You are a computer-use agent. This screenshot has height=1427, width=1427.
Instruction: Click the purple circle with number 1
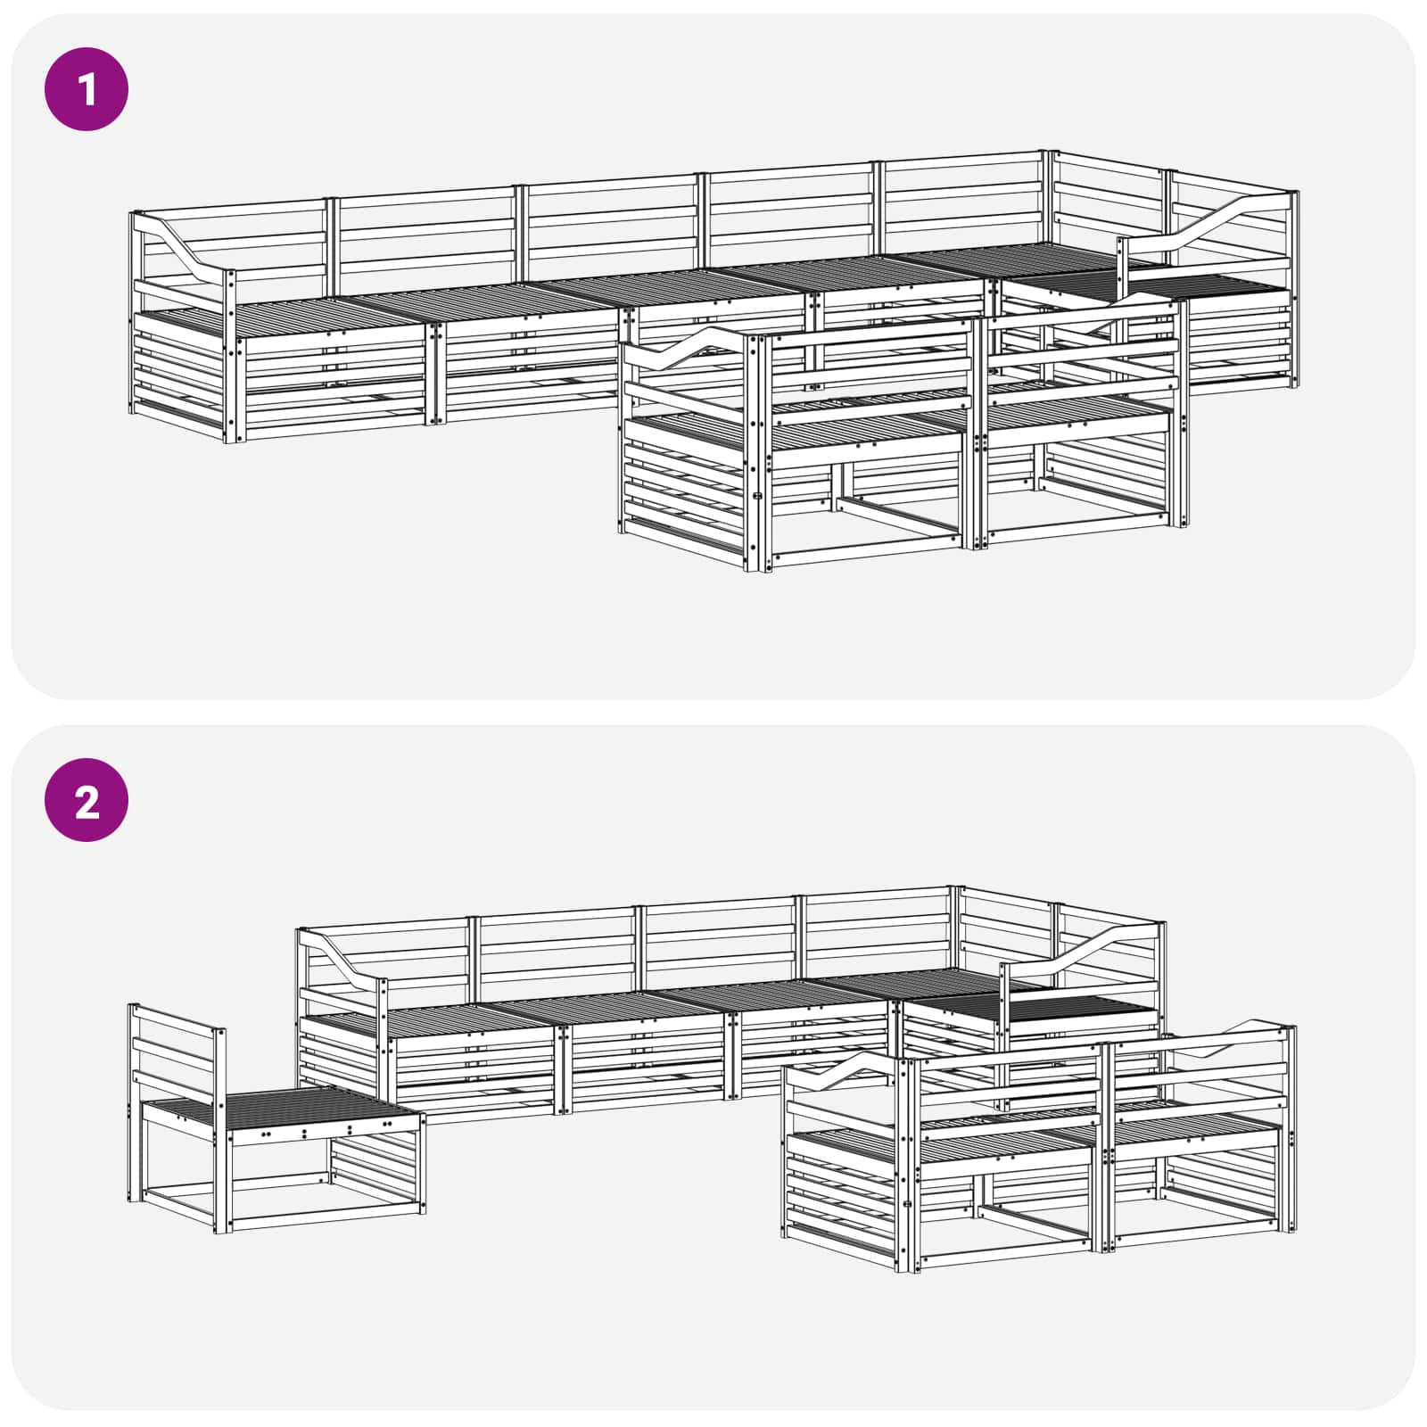pos(87,89)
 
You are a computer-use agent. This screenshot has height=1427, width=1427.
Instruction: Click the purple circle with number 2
pos(87,800)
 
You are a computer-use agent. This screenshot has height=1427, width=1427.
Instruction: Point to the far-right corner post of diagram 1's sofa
pos(1294,285)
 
